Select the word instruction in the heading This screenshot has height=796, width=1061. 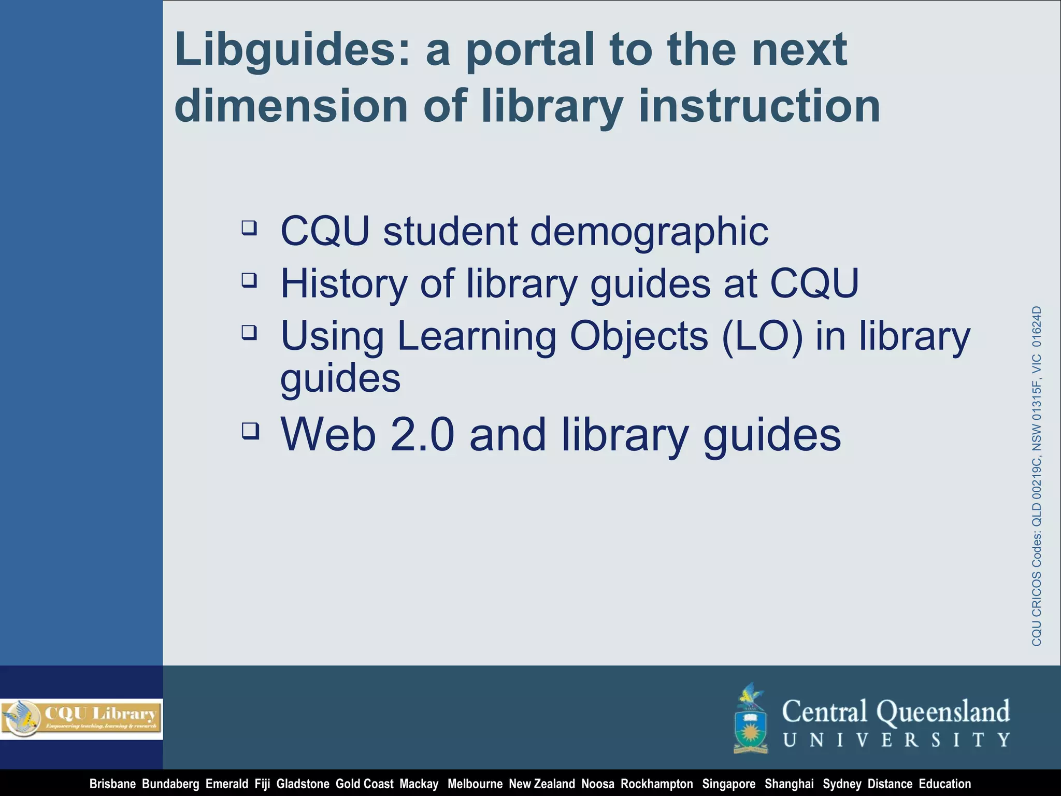click(759, 107)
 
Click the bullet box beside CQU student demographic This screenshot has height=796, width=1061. click(249, 227)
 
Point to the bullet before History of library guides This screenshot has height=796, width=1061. click(249, 280)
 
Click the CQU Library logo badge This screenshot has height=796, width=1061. click(81, 718)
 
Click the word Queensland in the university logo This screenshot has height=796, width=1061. click(943, 712)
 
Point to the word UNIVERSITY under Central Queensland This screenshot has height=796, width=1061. click(896, 740)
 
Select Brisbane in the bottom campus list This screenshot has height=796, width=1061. click(112, 784)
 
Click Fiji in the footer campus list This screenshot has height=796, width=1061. click(262, 784)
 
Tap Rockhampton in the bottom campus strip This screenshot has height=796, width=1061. click(656, 784)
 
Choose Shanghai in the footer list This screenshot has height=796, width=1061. click(789, 784)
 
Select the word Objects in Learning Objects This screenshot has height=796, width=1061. click(638, 336)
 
